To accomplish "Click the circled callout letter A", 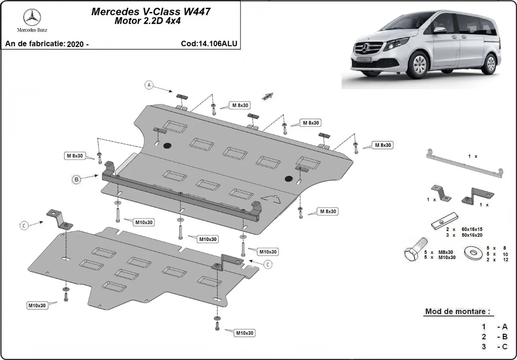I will tap(149, 85).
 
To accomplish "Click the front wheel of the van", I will tap(417, 67).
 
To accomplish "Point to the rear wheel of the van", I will tap(489, 63).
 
